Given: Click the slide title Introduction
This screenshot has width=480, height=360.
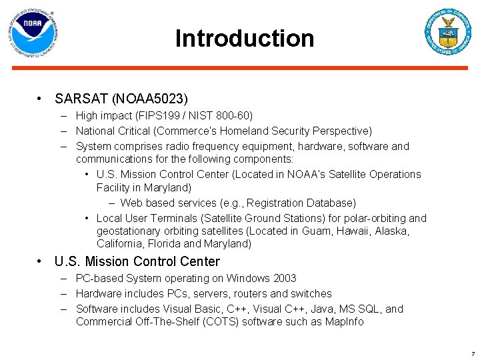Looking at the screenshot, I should point(244,39).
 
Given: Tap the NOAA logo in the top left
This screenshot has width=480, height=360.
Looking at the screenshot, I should point(33,32).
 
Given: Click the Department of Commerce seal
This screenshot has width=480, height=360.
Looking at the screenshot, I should point(448,32).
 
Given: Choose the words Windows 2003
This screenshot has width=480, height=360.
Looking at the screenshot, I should point(261,278).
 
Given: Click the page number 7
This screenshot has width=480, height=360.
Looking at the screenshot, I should point(473,353).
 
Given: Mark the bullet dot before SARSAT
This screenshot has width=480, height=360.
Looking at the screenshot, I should point(41,99).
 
